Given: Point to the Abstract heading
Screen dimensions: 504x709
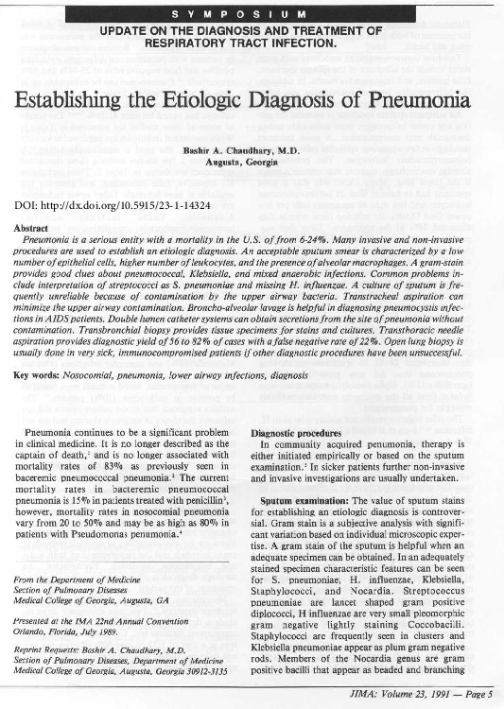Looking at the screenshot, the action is tap(32, 228).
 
